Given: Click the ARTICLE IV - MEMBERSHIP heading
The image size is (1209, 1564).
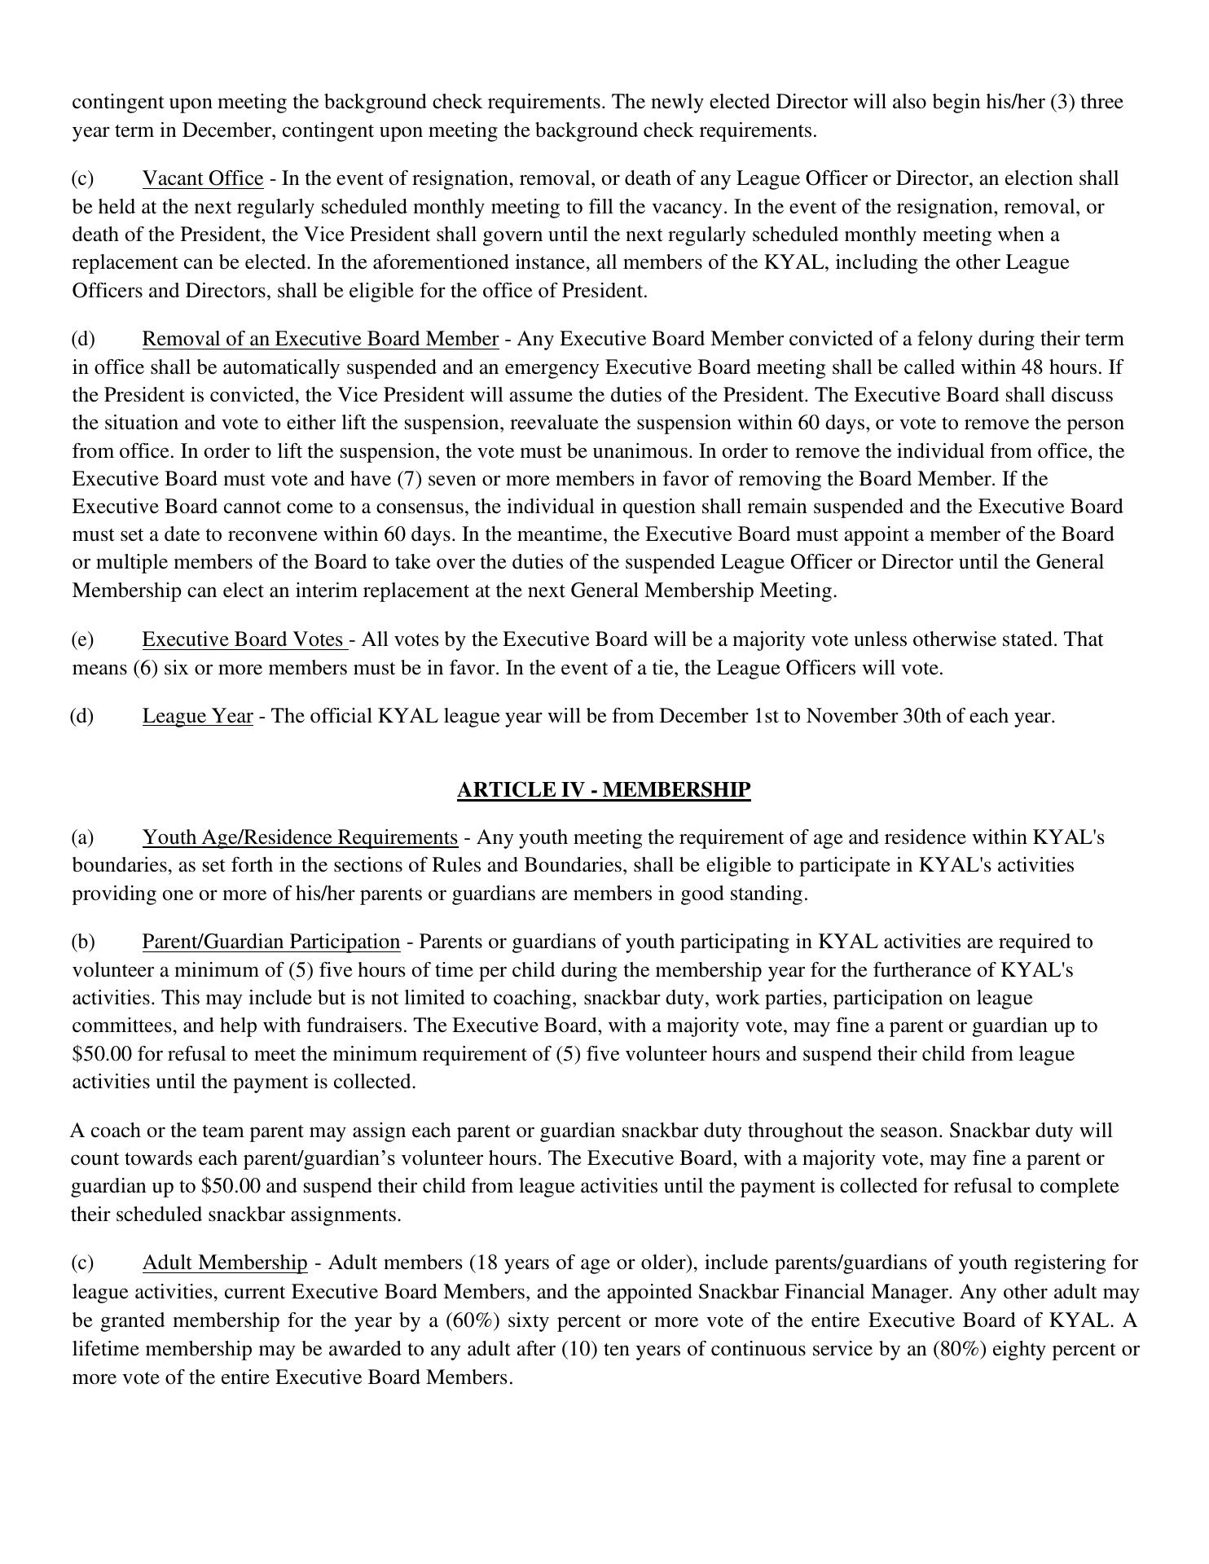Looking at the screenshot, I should pos(603,790).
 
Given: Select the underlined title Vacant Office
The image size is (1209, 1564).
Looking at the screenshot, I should pos(203,178).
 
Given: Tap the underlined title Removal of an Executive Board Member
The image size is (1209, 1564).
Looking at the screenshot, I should pos(320,339).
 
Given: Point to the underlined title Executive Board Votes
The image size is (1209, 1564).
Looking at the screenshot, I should pos(244,639).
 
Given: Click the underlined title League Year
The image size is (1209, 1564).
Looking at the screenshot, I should pos(197,716).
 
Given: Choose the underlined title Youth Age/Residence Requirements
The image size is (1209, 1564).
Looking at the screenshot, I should pos(300,837).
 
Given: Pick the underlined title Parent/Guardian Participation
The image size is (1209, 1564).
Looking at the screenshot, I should pos(270,942).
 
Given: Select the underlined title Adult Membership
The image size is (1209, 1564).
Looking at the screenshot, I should pos(225,1263).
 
